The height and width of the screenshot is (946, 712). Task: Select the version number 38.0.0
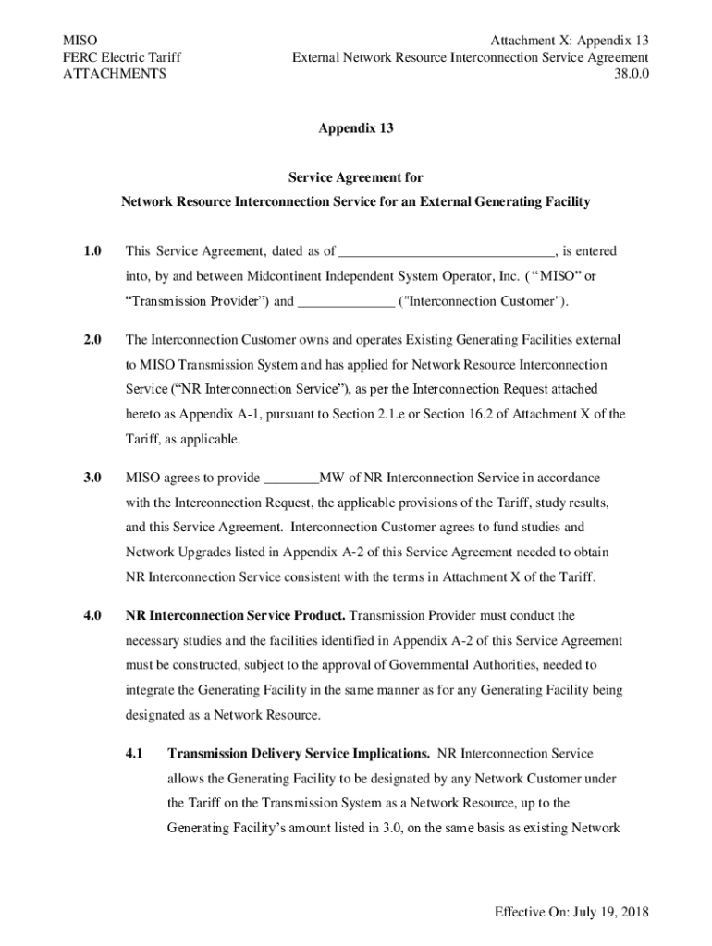point(631,74)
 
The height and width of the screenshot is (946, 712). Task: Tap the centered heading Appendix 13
point(356,129)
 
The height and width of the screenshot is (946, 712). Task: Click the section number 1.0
point(91,251)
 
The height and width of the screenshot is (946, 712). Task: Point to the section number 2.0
point(91,340)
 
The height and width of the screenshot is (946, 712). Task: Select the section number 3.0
point(91,478)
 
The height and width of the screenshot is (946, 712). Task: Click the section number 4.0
point(91,615)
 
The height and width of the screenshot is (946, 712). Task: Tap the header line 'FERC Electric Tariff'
point(121,57)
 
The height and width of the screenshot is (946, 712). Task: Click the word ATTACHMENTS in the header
point(114,74)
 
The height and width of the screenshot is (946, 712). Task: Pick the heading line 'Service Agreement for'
point(356,177)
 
